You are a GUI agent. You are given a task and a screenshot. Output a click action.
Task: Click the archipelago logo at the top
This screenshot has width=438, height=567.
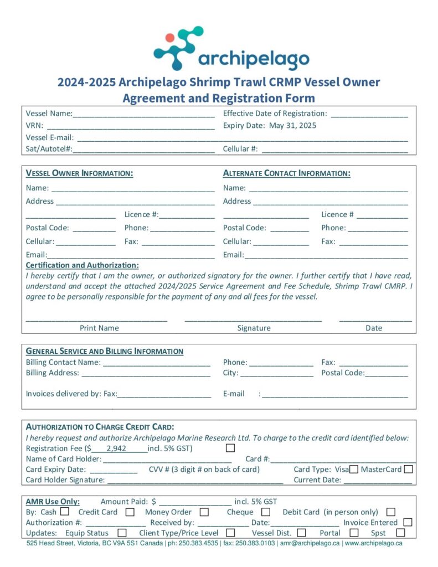pos(231,49)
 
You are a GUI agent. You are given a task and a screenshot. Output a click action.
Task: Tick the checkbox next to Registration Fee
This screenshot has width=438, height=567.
pos(230,448)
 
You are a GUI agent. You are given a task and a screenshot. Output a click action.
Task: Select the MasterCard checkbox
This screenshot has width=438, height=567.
pos(409,470)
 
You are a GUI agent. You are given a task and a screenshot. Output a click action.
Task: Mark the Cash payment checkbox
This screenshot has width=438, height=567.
pos(65,512)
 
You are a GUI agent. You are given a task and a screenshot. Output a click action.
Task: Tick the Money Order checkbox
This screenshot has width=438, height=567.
pos(204,512)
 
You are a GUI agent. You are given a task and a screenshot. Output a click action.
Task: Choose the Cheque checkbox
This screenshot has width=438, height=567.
pos(266,512)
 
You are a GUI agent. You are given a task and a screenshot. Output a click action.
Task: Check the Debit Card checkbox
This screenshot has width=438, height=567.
pos(391,512)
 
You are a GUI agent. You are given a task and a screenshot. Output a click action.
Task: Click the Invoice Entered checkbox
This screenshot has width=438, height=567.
pos(408,522)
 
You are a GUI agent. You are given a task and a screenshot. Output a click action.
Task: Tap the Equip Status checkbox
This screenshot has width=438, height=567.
pos(122,533)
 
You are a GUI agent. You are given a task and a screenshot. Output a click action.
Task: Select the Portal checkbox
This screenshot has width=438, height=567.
pos(354,533)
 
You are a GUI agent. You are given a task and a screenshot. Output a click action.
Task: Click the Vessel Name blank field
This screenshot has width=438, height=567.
pos(143,114)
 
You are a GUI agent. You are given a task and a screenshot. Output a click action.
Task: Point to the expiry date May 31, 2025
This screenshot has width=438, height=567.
pos(292,126)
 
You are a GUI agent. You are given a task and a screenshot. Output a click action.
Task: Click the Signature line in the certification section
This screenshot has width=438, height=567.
pos(253,318)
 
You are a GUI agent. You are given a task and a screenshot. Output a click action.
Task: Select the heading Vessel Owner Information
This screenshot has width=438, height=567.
pos(80,173)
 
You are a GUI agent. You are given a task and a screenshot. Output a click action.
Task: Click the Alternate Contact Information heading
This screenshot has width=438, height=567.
pos(287,173)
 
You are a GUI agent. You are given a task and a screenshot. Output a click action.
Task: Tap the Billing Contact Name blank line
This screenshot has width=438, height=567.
pos(156,363)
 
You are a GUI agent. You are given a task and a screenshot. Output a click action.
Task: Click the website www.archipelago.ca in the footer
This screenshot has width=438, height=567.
pos(374,544)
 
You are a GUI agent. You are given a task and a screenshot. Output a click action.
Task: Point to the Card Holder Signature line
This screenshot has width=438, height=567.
pos(194,481)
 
